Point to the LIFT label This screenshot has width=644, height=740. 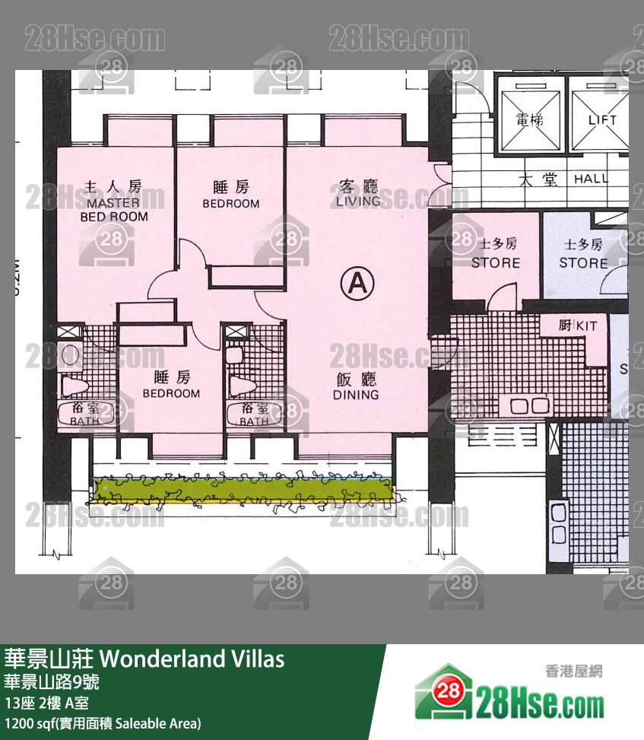click(602, 120)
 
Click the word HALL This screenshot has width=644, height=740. click(591, 179)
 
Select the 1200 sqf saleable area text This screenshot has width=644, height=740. click(103, 723)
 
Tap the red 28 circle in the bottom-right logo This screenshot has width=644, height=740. click(448, 691)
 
